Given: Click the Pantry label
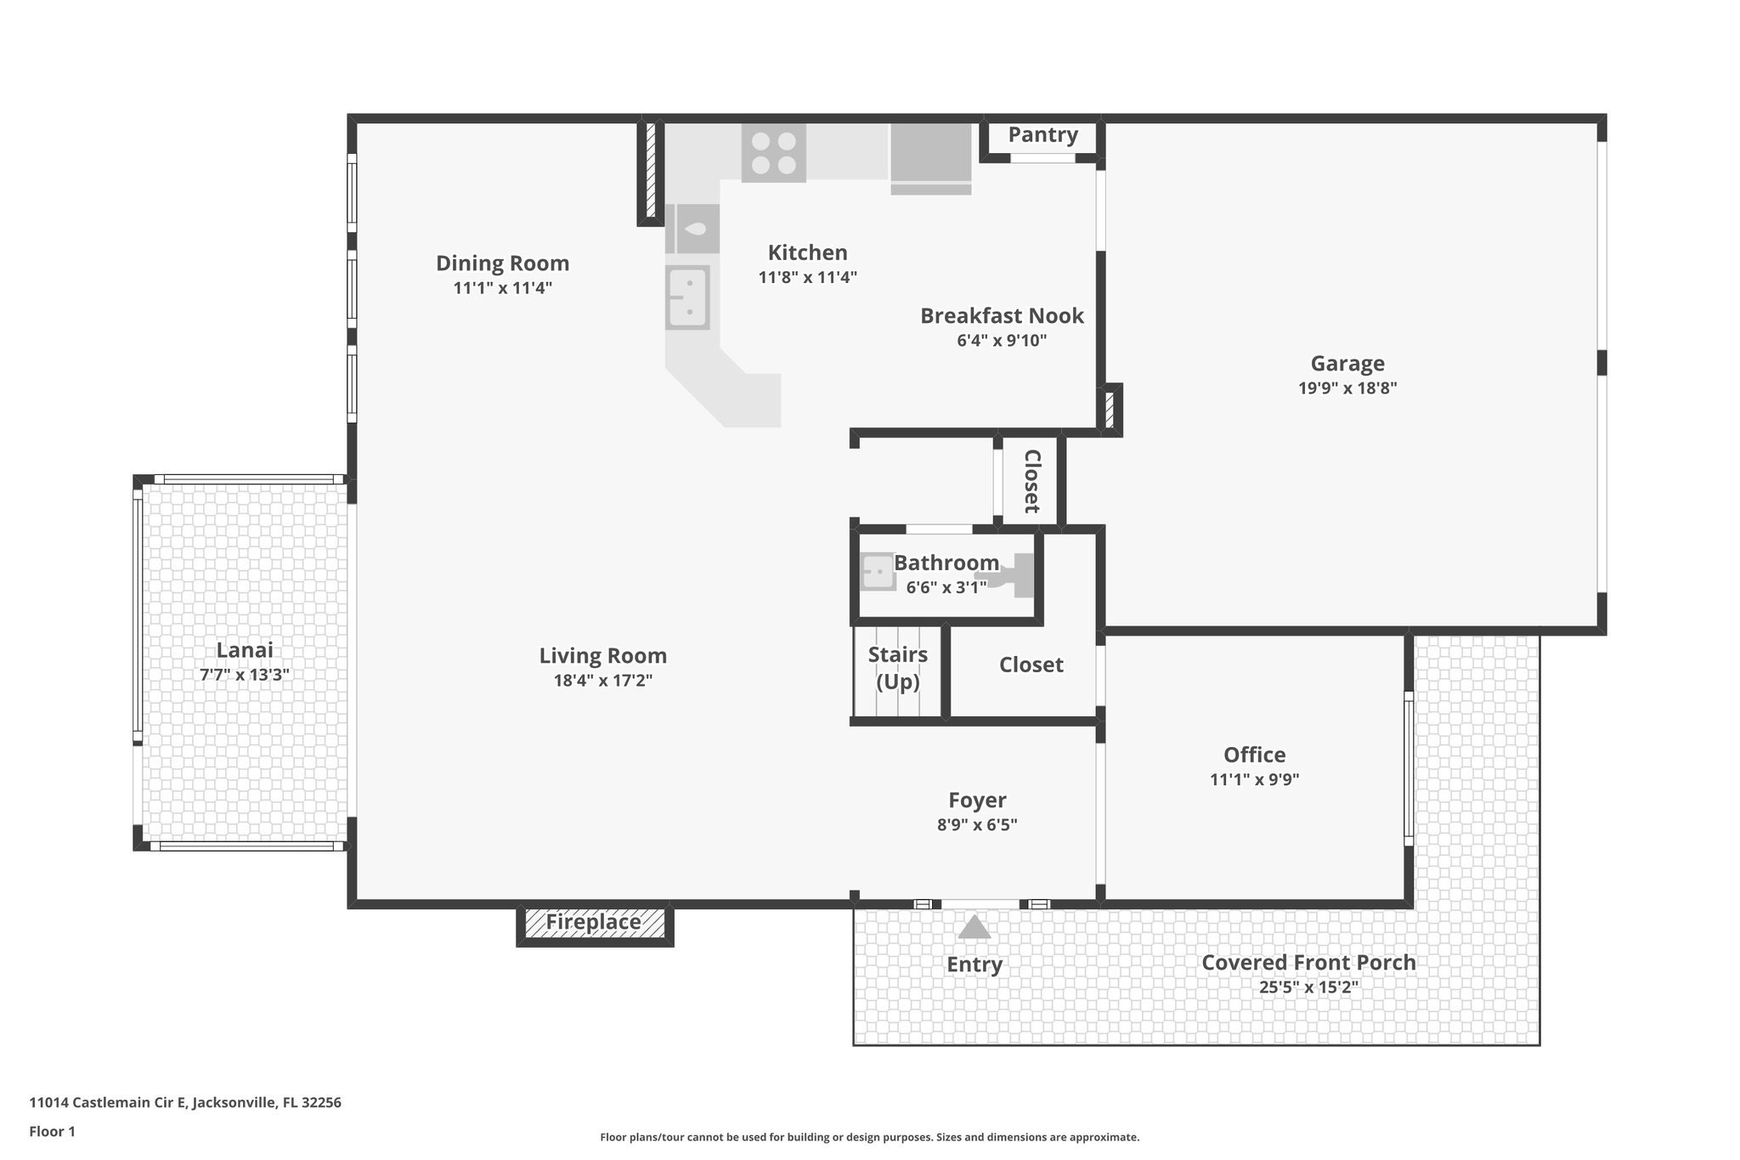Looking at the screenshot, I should point(1042,135).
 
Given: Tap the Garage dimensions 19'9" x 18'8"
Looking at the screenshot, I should point(1347,388).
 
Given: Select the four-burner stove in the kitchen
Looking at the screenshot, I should point(773,153).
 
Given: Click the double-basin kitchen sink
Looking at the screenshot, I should point(687,297).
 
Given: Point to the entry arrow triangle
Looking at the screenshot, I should point(975,926).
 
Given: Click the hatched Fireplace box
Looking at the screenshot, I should point(594,923).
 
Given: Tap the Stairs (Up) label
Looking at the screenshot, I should point(897,668).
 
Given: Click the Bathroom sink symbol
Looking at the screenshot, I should point(877,572).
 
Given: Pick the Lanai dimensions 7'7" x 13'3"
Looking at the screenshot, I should point(244,675).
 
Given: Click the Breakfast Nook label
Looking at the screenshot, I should point(1002,316).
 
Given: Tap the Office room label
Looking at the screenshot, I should point(1254,755).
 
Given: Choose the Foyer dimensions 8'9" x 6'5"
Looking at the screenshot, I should point(977,824).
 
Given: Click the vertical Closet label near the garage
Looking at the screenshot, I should point(1031,481).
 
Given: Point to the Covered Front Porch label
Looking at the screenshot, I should point(1308,963).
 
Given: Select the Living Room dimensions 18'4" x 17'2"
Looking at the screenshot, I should point(602,681).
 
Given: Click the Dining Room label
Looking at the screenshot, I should point(502,263).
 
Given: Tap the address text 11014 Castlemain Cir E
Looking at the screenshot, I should point(184,1103).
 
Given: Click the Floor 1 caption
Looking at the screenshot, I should point(52,1132).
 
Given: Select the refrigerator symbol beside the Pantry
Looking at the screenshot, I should point(930,158).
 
